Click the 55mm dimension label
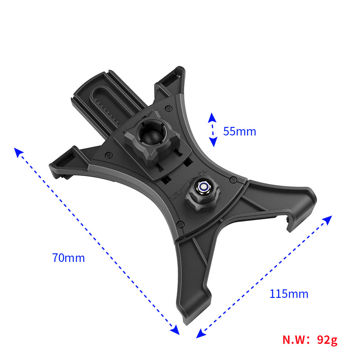(239, 131)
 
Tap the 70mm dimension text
(68, 258)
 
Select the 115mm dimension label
(288, 294)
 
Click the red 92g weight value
(327, 340)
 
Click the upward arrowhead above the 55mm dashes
(212, 117)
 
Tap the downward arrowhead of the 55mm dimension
(213, 142)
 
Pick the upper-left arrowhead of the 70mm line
(18, 152)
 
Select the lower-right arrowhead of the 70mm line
(175, 330)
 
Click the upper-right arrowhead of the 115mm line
(328, 220)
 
